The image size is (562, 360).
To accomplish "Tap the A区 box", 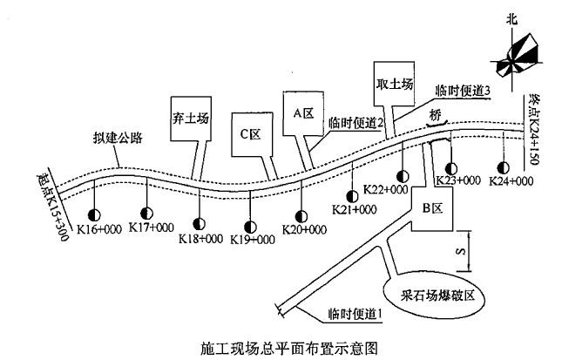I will (x=302, y=112).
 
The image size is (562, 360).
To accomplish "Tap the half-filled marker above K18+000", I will (x=200, y=223).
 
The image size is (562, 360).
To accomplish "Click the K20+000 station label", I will (x=304, y=229).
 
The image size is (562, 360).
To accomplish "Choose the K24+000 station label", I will (x=511, y=181).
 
